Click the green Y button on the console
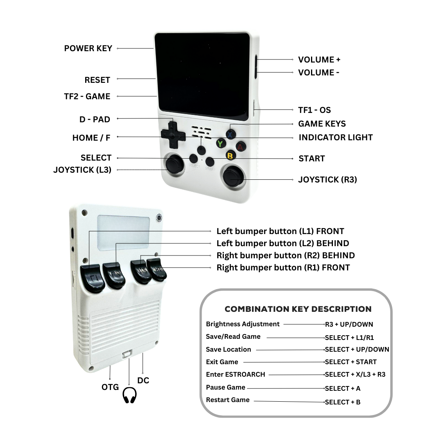[x=221, y=143]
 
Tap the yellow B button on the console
[x=230, y=155]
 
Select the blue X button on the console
[x=231, y=134]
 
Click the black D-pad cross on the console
[x=173, y=135]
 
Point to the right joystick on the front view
[x=233, y=176]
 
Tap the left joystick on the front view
[x=175, y=163]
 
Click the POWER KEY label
[x=88, y=48]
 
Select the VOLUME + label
[x=319, y=59]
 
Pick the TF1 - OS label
[x=314, y=110]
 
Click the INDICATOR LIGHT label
[x=336, y=137]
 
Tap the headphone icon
[x=129, y=395]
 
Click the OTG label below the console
[x=110, y=387]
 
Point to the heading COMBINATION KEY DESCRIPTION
[x=298, y=309]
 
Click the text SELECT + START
[x=350, y=362]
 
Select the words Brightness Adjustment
[x=243, y=324]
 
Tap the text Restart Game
[x=228, y=400]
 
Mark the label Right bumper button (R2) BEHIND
[x=286, y=256]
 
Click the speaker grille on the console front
[x=201, y=132]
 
